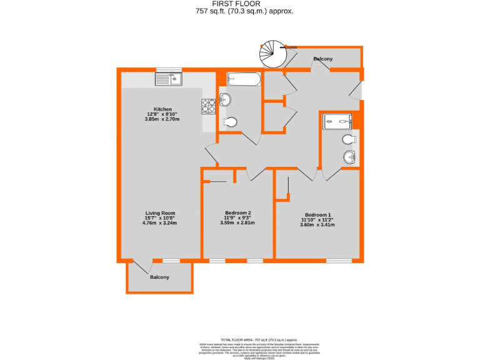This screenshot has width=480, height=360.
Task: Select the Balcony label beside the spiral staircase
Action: click(x=323, y=59)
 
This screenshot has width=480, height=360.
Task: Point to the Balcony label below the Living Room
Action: click(x=159, y=277)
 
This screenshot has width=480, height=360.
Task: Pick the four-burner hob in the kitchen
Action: click(x=208, y=106)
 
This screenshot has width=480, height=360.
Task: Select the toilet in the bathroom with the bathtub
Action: click(x=229, y=122)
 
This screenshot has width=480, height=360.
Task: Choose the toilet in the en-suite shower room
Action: click(x=349, y=139)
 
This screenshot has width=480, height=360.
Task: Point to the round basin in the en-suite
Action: click(x=349, y=156)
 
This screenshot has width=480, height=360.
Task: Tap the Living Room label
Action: click(x=160, y=212)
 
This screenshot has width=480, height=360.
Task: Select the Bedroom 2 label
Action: click(x=237, y=212)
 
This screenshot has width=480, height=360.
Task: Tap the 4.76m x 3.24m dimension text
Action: click(x=160, y=223)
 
